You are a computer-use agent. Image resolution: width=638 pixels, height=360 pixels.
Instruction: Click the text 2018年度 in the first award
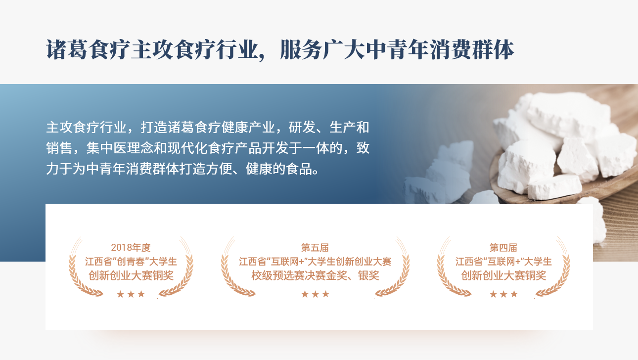131,247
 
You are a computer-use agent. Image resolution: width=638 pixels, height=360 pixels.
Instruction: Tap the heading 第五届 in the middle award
315,247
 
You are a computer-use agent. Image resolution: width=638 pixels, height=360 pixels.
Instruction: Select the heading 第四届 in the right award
503,247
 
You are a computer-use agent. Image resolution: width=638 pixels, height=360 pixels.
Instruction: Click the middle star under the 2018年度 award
131,294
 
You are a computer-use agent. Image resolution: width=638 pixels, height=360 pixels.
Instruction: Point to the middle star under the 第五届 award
316,294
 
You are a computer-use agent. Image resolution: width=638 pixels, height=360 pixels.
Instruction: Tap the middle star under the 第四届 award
503,294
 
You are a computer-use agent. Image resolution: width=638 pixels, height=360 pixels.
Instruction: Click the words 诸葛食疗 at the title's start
88,49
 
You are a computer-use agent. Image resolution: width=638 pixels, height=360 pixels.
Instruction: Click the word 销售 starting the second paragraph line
59,148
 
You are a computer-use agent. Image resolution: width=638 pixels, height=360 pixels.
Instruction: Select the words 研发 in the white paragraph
302,127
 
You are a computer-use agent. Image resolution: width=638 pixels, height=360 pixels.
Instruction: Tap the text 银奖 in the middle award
368,275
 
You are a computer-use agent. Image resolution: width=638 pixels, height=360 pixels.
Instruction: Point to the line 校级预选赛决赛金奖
299,275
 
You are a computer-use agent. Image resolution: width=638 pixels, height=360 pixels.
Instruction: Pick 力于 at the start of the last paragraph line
59,169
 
